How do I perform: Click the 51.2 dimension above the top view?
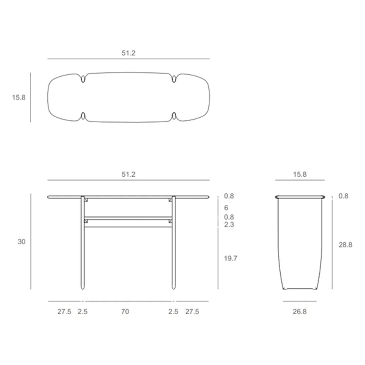click(128, 53)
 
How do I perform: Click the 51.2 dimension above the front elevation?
click(128, 174)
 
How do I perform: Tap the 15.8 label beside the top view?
click(18, 97)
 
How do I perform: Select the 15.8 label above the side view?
click(300, 174)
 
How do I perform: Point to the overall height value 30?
click(22, 242)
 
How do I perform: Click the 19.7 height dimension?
click(231, 258)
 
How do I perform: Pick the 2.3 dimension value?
click(229, 224)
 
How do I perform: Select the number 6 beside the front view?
click(226, 207)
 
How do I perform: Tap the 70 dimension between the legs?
click(125, 312)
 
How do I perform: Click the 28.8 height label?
click(345, 245)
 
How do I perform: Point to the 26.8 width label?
click(300, 312)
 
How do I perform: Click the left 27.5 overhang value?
click(64, 312)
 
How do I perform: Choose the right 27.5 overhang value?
click(192, 312)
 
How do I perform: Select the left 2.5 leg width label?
click(83, 312)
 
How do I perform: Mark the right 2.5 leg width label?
click(173, 312)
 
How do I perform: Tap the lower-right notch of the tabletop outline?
click(174, 116)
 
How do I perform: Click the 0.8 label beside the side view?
click(343, 196)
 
